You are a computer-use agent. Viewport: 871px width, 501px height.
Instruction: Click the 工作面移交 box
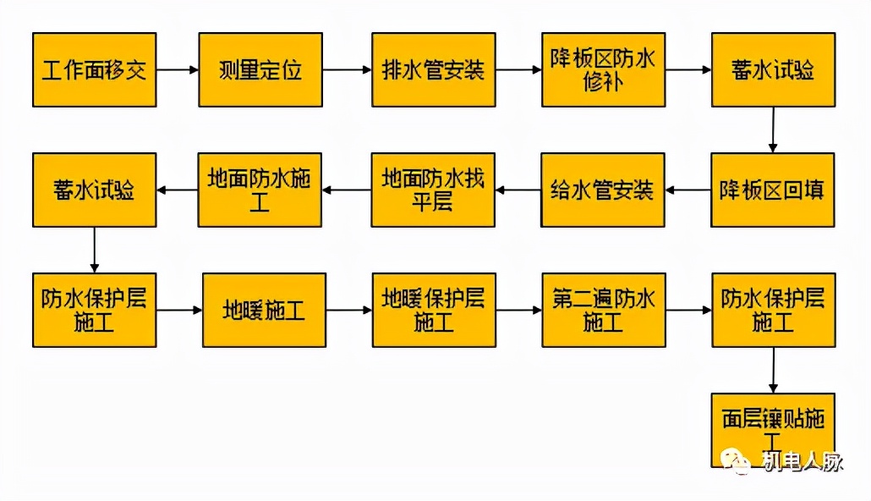[95, 69]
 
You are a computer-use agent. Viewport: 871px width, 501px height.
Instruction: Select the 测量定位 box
[260, 69]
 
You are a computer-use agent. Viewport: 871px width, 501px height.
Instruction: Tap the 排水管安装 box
[434, 69]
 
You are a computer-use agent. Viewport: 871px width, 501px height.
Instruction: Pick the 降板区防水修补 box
[604, 69]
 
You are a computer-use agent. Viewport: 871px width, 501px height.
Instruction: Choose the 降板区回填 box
[772, 190]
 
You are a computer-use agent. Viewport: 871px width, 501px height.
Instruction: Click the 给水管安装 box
[604, 190]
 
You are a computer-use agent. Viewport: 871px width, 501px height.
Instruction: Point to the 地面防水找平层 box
[434, 190]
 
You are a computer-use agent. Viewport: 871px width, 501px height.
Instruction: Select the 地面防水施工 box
[260, 190]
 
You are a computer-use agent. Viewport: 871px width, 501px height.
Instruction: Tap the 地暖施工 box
[264, 310]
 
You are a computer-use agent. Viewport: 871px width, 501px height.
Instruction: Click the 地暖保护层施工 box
[434, 310]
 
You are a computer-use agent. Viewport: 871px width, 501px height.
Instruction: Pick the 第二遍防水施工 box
[604, 310]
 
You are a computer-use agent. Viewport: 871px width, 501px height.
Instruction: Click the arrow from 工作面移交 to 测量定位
[178, 69]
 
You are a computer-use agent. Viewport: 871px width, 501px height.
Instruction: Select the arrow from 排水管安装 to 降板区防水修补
[518, 69]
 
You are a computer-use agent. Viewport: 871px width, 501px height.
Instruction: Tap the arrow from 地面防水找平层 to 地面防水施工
[348, 190]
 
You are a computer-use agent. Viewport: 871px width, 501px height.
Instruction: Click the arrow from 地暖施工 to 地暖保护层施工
[349, 310]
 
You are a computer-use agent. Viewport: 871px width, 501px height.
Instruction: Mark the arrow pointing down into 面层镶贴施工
[773, 370]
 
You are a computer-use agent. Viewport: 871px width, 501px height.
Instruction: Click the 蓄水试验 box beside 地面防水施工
[95, 190]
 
